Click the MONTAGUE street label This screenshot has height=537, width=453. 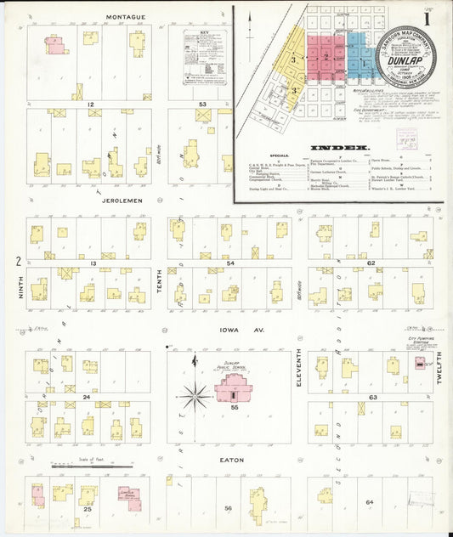(x=126, y=16)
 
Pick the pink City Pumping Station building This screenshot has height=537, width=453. (x=419, y=362)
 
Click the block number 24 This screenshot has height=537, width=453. (x=87, y=397)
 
